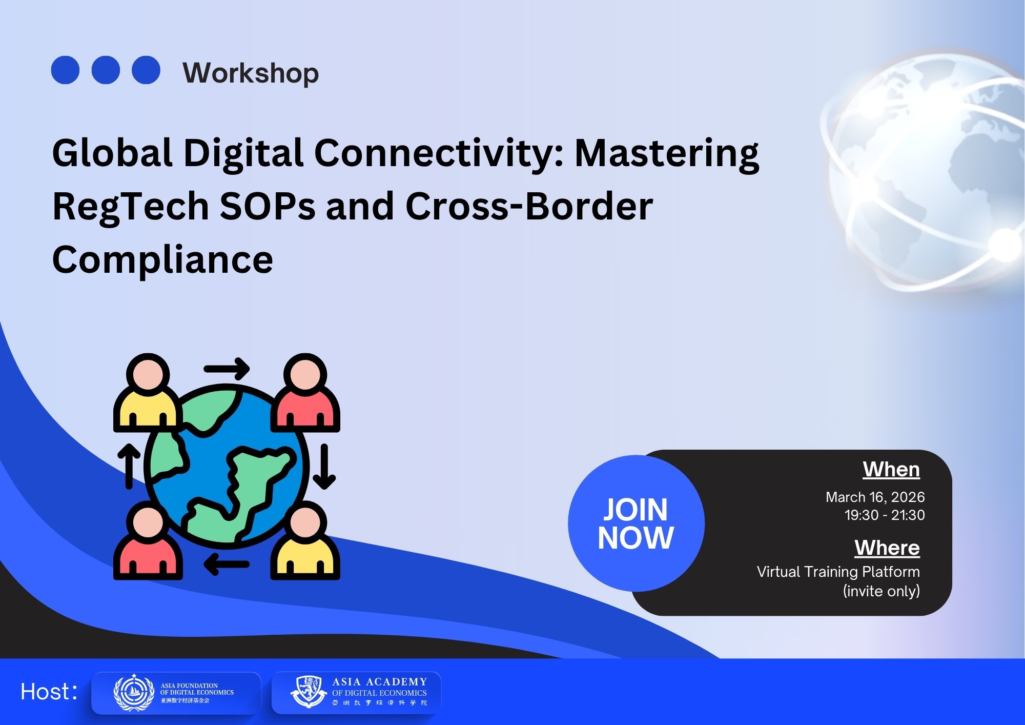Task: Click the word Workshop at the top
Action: tap(251, 73)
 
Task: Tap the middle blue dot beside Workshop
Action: tap(106, 70)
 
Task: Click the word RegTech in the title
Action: tap(130, 207)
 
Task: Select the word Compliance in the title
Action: tap(162, 260)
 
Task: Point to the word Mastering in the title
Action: tap(666, 153)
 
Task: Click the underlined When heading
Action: tap(891, 470)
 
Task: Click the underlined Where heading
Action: tap(887, 548)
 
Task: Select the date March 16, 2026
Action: tap(875, 497)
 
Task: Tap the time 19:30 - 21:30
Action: tap(884, 515)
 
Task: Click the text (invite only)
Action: tap(881, 591)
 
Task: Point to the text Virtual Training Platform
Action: tap(838, 572)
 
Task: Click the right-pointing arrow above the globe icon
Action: tap(227, 369)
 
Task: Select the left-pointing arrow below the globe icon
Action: tap(227, 565)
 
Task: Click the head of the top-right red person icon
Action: tap(305, 374)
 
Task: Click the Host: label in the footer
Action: tap(49, 692)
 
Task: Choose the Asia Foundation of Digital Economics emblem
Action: tap(133, 693)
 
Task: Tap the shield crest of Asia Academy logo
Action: tap(309, 691)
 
